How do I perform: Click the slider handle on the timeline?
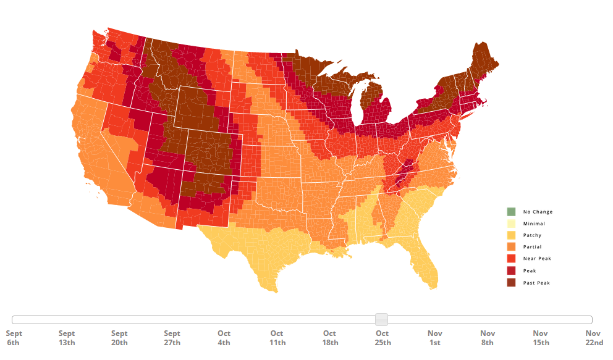[x=382, y=319]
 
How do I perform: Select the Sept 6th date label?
[x=14, y=338]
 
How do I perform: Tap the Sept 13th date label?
[x=67, y=338]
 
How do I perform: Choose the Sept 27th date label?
[x=172, y=338]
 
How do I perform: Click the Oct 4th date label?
[x=224, y=338]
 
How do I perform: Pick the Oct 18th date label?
[x=329, y=338]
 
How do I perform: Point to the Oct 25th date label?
[x=383, y=338]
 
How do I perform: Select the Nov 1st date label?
[x=435, y=338]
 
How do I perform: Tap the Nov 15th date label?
[x=540, y=338]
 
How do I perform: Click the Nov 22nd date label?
[x=593, y=338]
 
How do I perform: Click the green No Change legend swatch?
[x=511, y=212]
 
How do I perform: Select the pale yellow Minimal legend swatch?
[x=511, y=224]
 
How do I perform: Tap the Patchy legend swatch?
[x=511, y=235]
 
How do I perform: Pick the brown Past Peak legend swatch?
[x=511, y=283]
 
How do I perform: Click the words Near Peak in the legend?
[x=537, y=259]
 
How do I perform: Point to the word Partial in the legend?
[x=532, y=247]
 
